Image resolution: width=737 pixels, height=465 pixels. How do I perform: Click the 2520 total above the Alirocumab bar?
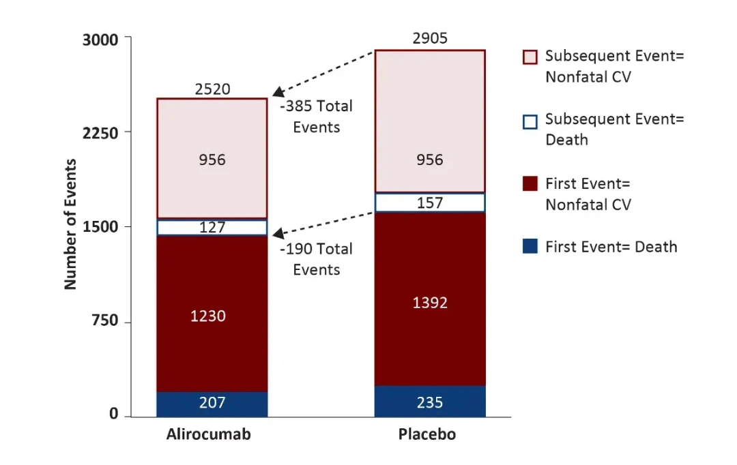[212, 89]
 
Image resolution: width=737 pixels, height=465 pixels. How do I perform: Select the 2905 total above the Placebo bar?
[430, 38]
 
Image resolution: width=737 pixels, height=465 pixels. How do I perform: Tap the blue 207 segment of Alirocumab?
[212, 403]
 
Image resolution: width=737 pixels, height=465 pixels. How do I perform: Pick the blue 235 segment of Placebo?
[430, 402]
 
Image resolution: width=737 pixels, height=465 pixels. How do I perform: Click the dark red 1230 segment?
[212, 316]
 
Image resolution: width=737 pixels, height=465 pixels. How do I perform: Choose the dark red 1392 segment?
[430, 302]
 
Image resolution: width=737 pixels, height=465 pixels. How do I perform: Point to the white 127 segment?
[212, 228]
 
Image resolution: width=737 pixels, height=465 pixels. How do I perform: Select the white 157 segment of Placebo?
[430, 203]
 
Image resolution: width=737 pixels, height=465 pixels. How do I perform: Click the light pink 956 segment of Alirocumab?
[212, 160]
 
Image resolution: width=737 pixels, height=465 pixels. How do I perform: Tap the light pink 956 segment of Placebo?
[430, 160]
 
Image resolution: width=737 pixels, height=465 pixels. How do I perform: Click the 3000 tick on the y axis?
[100, 40]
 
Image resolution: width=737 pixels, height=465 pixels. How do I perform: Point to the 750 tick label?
[106, 320]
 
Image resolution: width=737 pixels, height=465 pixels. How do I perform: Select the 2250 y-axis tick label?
[100, 132]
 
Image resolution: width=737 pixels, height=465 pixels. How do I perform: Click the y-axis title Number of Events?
[71, 225]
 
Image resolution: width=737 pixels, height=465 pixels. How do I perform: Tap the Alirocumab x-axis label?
[208, 435]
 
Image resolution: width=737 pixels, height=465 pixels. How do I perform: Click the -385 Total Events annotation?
[317, 117]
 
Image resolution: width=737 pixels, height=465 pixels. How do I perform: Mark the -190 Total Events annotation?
[317, 259]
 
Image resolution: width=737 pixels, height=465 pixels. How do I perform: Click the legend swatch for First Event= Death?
[530, 246]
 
